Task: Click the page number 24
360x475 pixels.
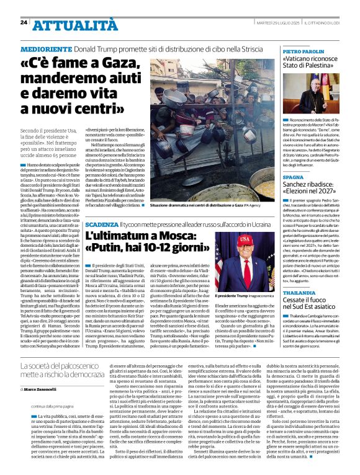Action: [24, 22]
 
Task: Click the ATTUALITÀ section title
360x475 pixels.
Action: [74, 25]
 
